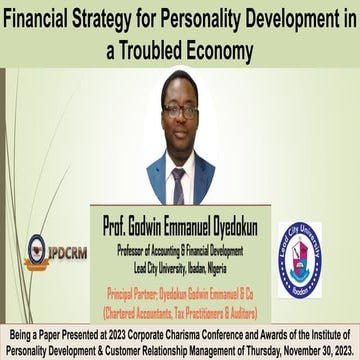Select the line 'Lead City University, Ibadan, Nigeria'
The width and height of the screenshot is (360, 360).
point(169,246)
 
